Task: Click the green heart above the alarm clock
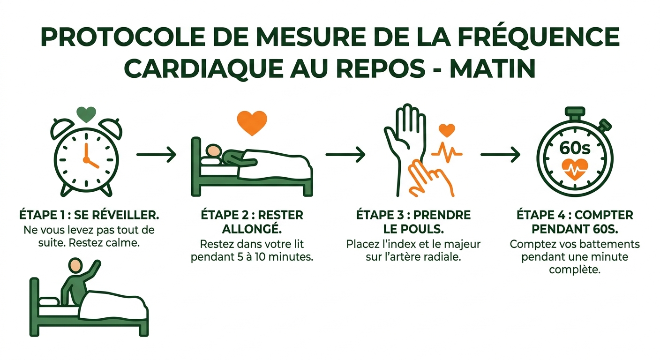(86, 114)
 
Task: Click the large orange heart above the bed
(252, 123)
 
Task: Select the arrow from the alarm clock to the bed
(156, 154)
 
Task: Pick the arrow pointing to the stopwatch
(500, 154)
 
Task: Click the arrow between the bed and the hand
(345, 154)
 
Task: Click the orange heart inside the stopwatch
(575, 169)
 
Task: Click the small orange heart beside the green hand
(447, 130)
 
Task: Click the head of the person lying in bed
(214, 150)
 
